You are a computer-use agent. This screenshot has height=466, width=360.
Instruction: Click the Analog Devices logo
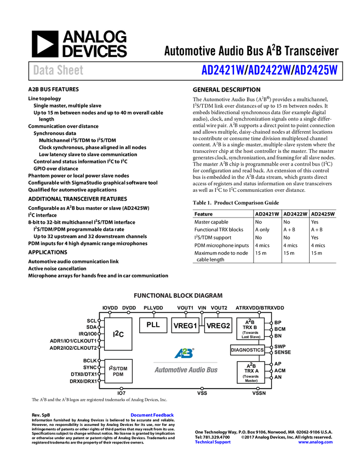tap(80, 44)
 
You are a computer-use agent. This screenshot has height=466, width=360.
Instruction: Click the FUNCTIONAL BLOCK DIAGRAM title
tap(170, 295)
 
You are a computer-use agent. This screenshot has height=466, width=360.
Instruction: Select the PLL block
tap(153, 325)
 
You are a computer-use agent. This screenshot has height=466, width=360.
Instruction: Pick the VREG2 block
tap(218, 326)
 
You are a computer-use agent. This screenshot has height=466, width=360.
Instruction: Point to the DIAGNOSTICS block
tap(247, 350)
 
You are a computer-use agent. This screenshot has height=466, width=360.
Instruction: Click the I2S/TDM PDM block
tap(118, 371)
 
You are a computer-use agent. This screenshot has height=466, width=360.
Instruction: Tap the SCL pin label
tap(92, 321)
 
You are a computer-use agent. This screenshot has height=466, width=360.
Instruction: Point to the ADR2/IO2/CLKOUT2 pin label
tap(73, 348)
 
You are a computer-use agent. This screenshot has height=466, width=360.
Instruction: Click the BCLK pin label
tap(90, 360)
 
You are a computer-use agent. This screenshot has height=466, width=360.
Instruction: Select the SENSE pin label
tap(283, 353)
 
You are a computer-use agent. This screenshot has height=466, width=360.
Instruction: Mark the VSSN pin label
tap(259, 393)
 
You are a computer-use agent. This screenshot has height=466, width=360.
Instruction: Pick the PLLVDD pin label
tap(153, 308)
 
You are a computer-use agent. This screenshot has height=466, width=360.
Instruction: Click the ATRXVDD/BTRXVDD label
tap(260, 308)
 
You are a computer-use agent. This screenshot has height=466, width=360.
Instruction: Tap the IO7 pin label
tap(122, 393)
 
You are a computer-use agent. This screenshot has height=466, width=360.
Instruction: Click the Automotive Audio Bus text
tap(186, 370)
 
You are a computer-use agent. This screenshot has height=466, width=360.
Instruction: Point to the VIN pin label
tap(202, 308)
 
